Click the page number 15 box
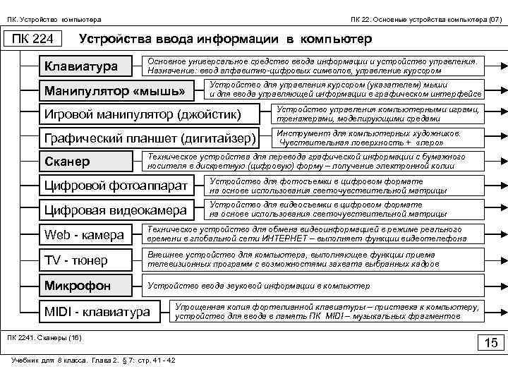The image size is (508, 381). click(490, 343)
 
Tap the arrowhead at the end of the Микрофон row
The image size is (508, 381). click(498, 286)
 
